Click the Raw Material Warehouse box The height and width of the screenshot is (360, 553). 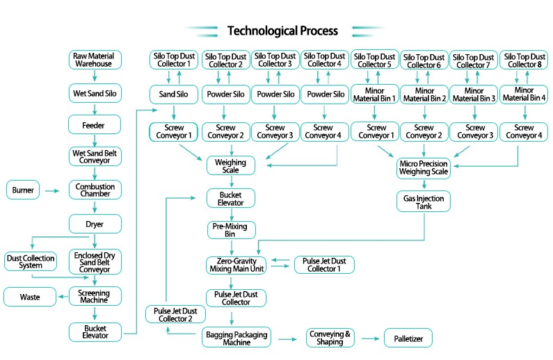[x=95, y=60]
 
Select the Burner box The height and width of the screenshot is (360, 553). [x=23, y=190]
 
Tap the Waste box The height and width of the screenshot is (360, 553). [x=30, y=297]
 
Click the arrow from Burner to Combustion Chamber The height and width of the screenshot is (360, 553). [x=52, y=191]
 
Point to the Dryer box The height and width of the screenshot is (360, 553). [x=95, y=224]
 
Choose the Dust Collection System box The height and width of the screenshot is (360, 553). [x=31, y=261]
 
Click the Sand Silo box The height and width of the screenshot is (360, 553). [x=173, y=95]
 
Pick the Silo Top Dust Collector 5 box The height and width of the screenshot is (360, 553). [x=374, y=60]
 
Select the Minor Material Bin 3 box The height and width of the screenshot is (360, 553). [x=474, y=95]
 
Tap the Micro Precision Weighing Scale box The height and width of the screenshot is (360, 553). [x=424, y=168]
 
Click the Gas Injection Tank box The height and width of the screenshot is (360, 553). [x=424, y=202]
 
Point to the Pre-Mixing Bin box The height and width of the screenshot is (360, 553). [x=231, y=230]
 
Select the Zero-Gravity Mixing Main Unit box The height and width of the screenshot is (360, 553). [x=237, y=265]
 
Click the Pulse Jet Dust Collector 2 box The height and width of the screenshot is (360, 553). [x=175, y=315]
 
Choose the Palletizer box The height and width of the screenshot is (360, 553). [x=408, y=338]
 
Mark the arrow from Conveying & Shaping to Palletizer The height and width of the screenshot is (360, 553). [x=370, y=338]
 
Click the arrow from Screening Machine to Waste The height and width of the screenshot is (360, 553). [x=63, y=297]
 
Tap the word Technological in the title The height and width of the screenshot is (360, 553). [x=262, y=31]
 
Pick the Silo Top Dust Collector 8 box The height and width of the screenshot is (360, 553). [x=524, y=60]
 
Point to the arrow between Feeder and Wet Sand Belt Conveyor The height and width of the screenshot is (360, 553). [x=95, y=141]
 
